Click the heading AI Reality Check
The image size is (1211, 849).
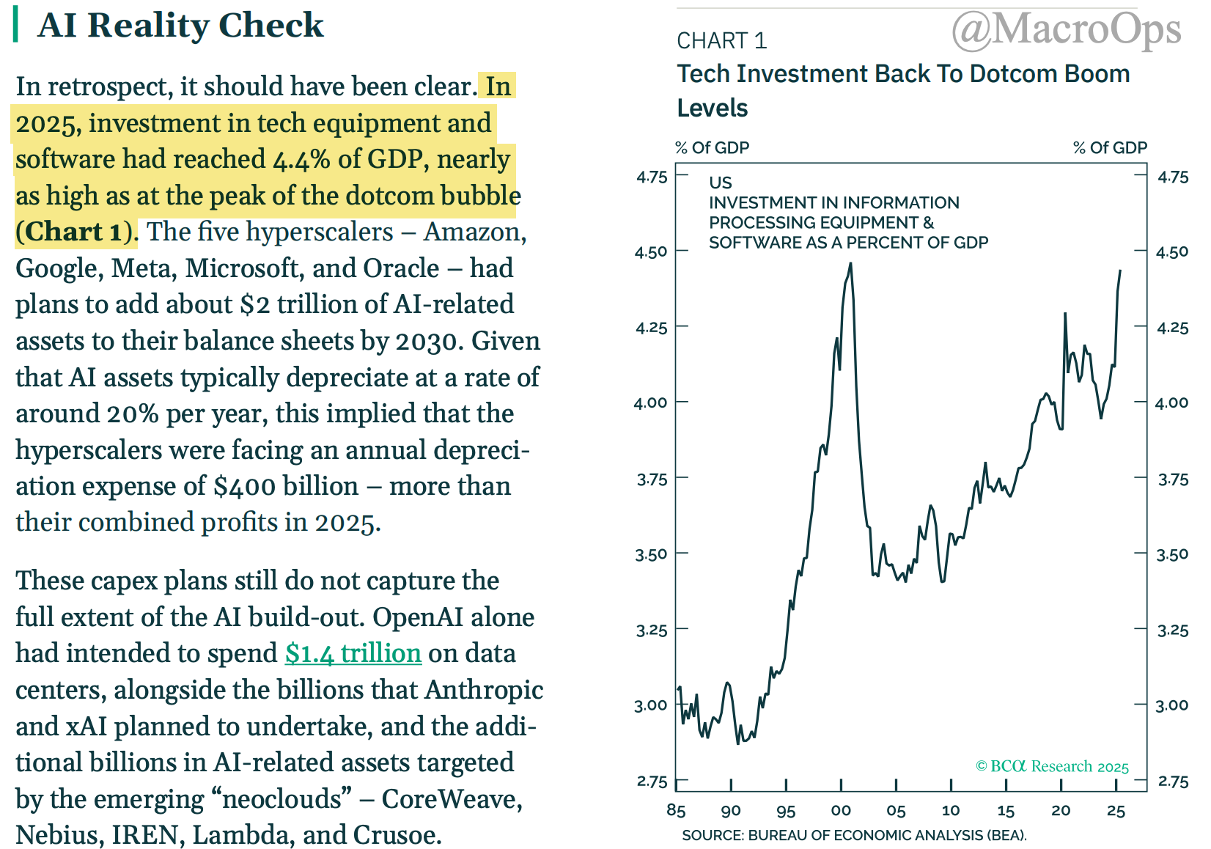[x=180, y=25]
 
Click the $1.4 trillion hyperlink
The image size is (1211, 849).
[x=353, y=653]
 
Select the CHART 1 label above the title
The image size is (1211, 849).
[x=721, y=40]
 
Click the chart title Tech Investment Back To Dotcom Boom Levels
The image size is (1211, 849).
[x=902, y=90]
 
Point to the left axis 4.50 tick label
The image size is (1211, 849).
[x=651, y=251]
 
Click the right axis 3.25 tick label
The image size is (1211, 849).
[x=1172, y=630]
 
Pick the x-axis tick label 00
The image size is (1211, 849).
[x=841, y=810]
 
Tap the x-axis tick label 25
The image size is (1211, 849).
[x=1116, y=810]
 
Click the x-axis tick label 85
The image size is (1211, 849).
[x=676, y=810]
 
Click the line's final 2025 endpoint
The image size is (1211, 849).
[x=1120, y=271]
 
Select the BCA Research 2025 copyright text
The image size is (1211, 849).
[x=1052, y=766]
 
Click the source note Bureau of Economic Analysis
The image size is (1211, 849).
[x=854, y=835]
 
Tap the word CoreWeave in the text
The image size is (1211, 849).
[x=452, y=798]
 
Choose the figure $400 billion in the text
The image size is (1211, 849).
[x=286, y=486]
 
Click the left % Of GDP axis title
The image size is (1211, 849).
[x=712, y=147]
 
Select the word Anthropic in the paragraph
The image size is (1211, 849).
[x=484, y=689]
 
